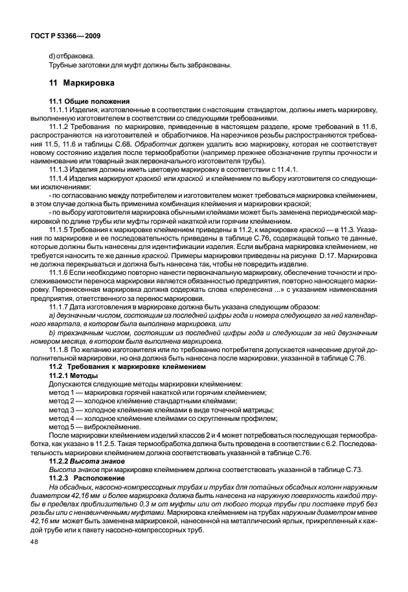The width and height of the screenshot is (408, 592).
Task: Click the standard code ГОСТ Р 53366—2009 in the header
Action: point(63,33)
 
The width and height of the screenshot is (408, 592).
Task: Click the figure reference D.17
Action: point(326,245)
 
